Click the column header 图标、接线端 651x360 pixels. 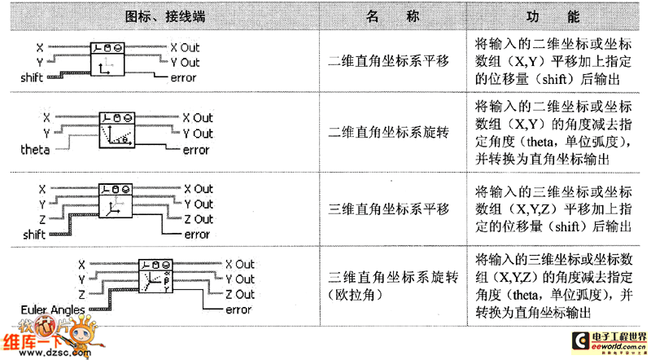coord(159,16)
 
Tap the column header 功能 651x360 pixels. coord(553,16)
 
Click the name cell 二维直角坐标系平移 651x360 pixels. coord(382,61)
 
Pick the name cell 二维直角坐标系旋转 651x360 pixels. coord(382,133)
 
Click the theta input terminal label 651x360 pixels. coord(36,151)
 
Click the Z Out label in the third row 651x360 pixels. coord(197,219)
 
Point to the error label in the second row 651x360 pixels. coord(196,150)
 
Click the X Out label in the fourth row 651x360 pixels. coord(240,264)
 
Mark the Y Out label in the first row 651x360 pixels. coord(186,62)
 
